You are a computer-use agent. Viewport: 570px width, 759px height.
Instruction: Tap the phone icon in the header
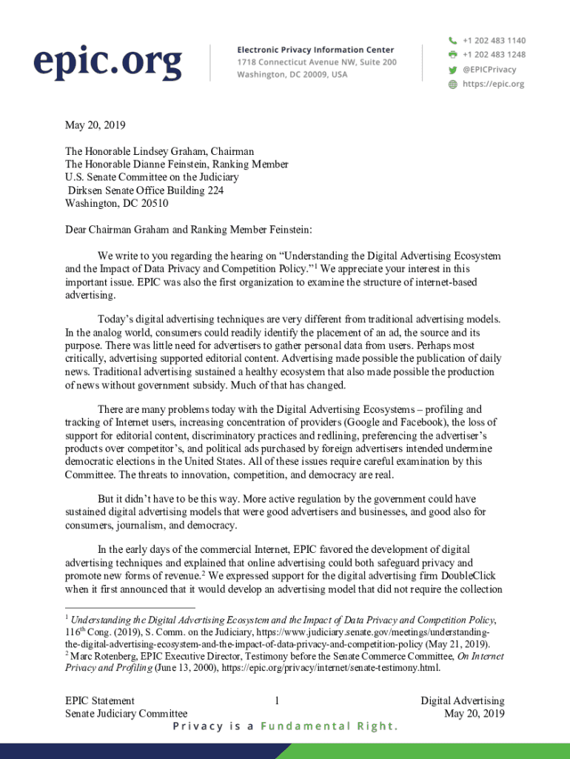(452, 40)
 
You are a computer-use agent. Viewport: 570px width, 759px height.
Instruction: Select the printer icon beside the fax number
(452, 55)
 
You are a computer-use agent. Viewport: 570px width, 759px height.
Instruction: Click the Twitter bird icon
(452, 70)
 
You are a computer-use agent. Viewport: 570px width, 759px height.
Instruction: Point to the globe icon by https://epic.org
(452, 84)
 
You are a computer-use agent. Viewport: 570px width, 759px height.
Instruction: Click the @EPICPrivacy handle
(489, 70)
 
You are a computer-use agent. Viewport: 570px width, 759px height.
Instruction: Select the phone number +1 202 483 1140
(494, 40)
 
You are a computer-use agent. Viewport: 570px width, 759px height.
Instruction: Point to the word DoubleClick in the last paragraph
(466, 575)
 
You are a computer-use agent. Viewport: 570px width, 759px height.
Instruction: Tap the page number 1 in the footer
(276, 700)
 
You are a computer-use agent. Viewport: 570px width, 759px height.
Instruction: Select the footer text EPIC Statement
(100, 700)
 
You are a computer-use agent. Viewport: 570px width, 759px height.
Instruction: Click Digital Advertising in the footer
(463, 700)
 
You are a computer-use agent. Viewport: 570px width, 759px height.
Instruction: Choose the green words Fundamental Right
(329, 726)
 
